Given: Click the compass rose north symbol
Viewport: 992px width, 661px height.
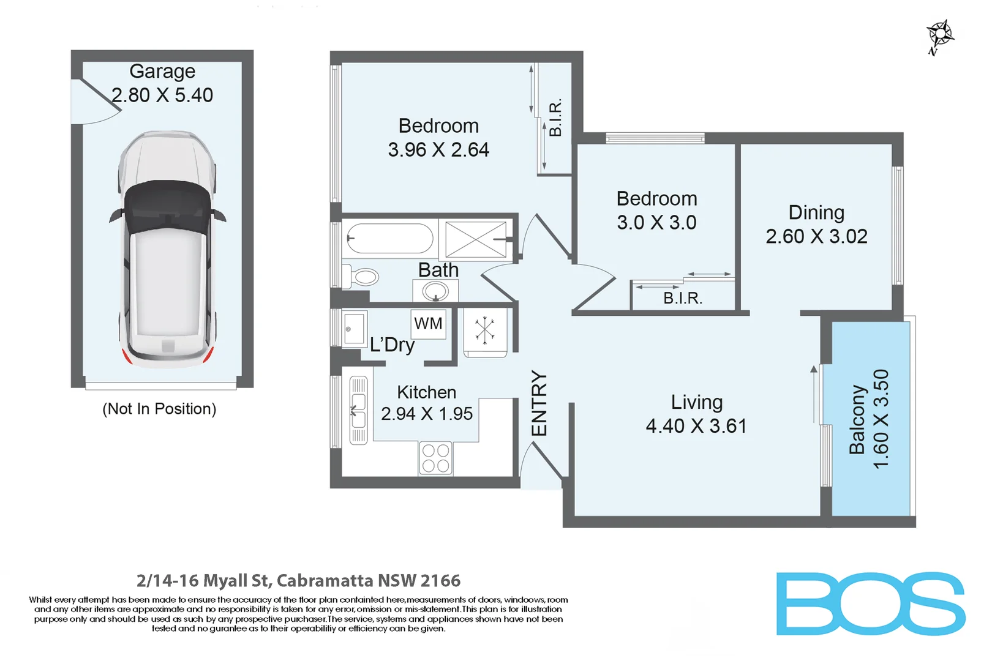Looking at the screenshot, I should point(940,35).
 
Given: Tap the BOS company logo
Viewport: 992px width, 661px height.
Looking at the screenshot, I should point(870,603).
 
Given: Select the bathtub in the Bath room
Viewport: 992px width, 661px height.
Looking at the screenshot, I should point(389,238).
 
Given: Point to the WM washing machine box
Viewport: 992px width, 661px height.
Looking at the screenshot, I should point(428,323).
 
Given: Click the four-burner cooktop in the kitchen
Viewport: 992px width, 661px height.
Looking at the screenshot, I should point(436,458).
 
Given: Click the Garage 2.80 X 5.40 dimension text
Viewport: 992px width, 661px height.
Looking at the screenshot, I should point(162,95).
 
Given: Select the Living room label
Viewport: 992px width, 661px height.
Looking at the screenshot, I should point(697,402).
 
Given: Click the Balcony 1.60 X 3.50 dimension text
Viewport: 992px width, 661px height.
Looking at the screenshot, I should point(881,419).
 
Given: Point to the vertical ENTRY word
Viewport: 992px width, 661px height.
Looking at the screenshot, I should point(539,403).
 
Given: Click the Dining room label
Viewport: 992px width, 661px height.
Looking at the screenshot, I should point(816,212).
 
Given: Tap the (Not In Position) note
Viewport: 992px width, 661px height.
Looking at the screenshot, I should point(159,409).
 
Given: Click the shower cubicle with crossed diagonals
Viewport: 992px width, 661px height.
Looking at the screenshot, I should point(475,239).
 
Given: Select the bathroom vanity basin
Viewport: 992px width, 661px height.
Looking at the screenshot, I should point(435,291).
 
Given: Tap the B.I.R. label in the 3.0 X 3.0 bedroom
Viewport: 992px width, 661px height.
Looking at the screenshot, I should point(683,298).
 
